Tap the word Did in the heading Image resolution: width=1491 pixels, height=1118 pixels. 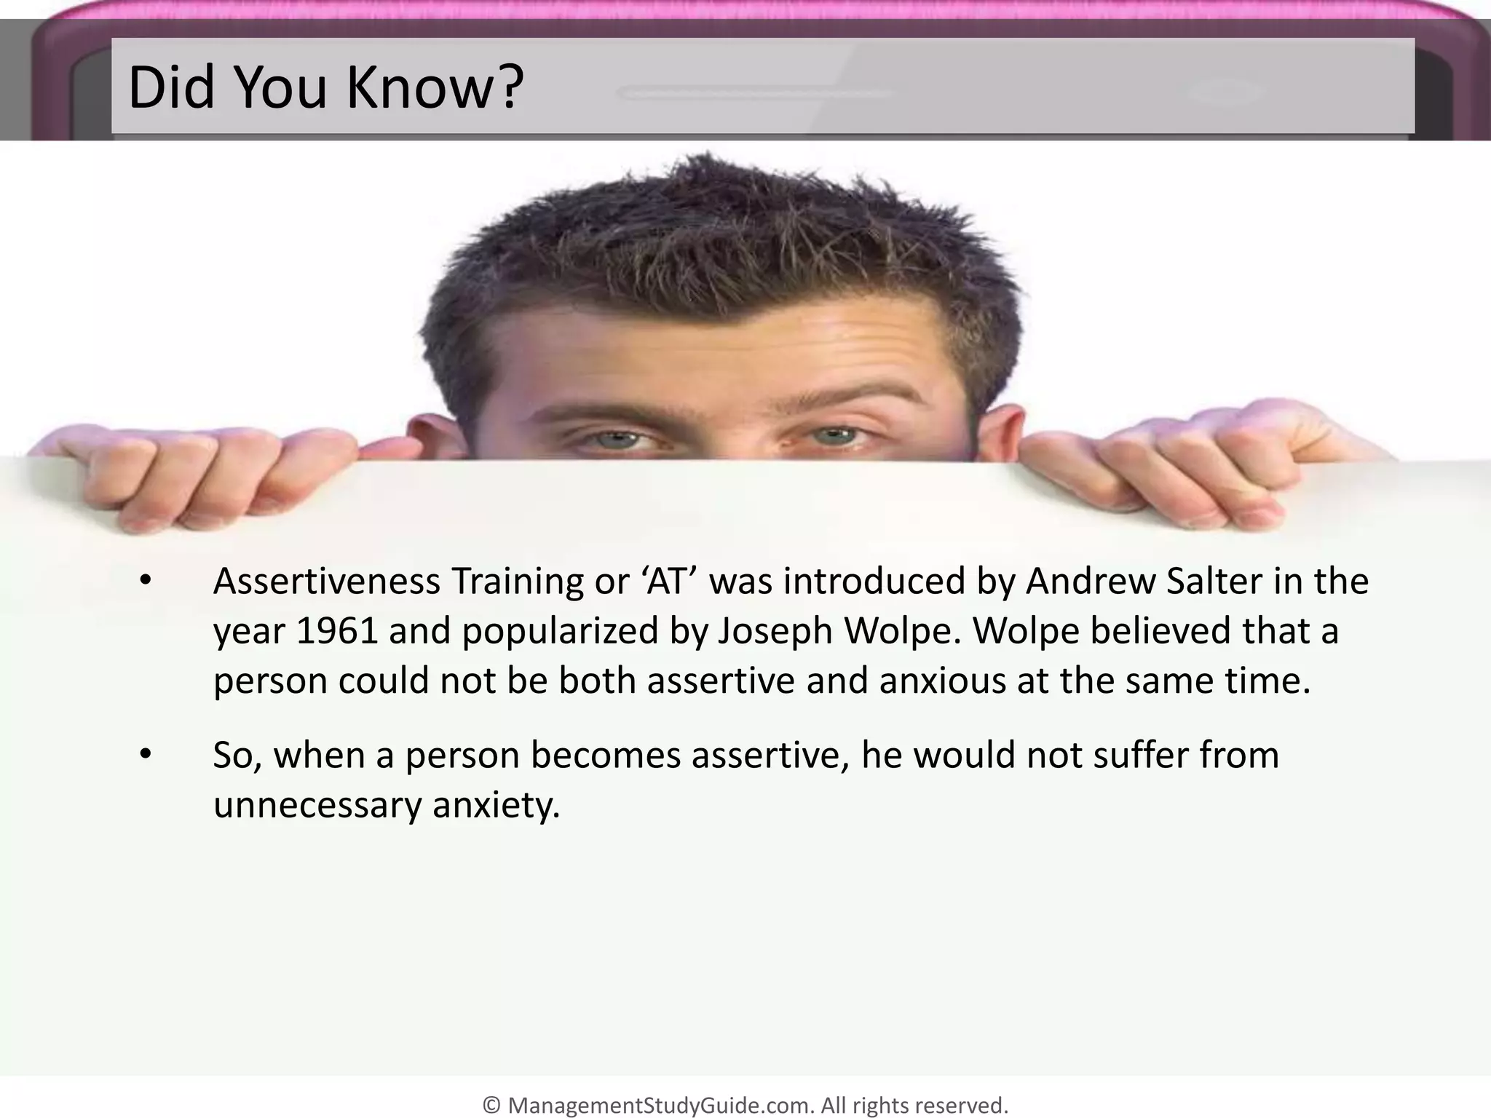(170, 88)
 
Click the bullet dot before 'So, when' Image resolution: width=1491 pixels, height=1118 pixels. (146, 756)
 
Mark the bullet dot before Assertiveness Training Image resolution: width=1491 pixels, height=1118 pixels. (146, 582)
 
